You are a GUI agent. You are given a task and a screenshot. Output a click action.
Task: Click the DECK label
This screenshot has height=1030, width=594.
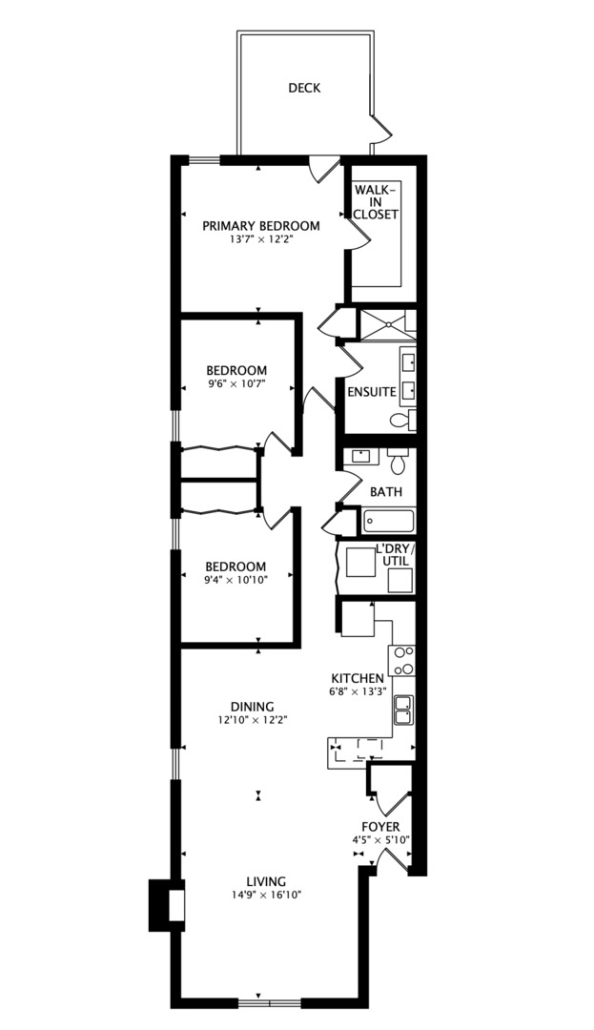pyautogui.click(x=304, y=89)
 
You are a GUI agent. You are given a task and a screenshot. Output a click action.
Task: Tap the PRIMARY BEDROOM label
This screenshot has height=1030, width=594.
pyautogui.click(x=260, y=226)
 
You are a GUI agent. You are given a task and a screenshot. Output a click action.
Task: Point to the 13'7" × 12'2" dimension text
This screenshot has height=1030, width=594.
pyautogui.click(x=260, y=239)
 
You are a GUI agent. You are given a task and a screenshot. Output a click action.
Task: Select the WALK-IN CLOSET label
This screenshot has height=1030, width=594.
pyautogui.click(x=376, y=202)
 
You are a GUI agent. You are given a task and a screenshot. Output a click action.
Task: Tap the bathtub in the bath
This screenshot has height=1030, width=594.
pyautogui.click(x=389, y=521)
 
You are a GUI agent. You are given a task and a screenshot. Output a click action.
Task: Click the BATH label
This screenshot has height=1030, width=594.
pyautogui.click(x=386, y=492)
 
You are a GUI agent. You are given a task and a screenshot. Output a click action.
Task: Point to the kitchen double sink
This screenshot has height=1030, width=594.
pyautogui.click(x=404, y=709)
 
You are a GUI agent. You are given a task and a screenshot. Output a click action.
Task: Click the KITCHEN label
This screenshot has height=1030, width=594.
pyautogui.click(x=358, y=678)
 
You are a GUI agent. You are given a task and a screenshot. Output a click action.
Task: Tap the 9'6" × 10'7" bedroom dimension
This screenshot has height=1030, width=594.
pyautogui.click(x=236, y=384)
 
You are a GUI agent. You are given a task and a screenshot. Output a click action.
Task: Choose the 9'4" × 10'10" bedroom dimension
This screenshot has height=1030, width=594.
pyautogui.click(x=237, y=579)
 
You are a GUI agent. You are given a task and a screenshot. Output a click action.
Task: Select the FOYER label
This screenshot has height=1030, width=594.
pyautogui.click(x=380, y=827)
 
